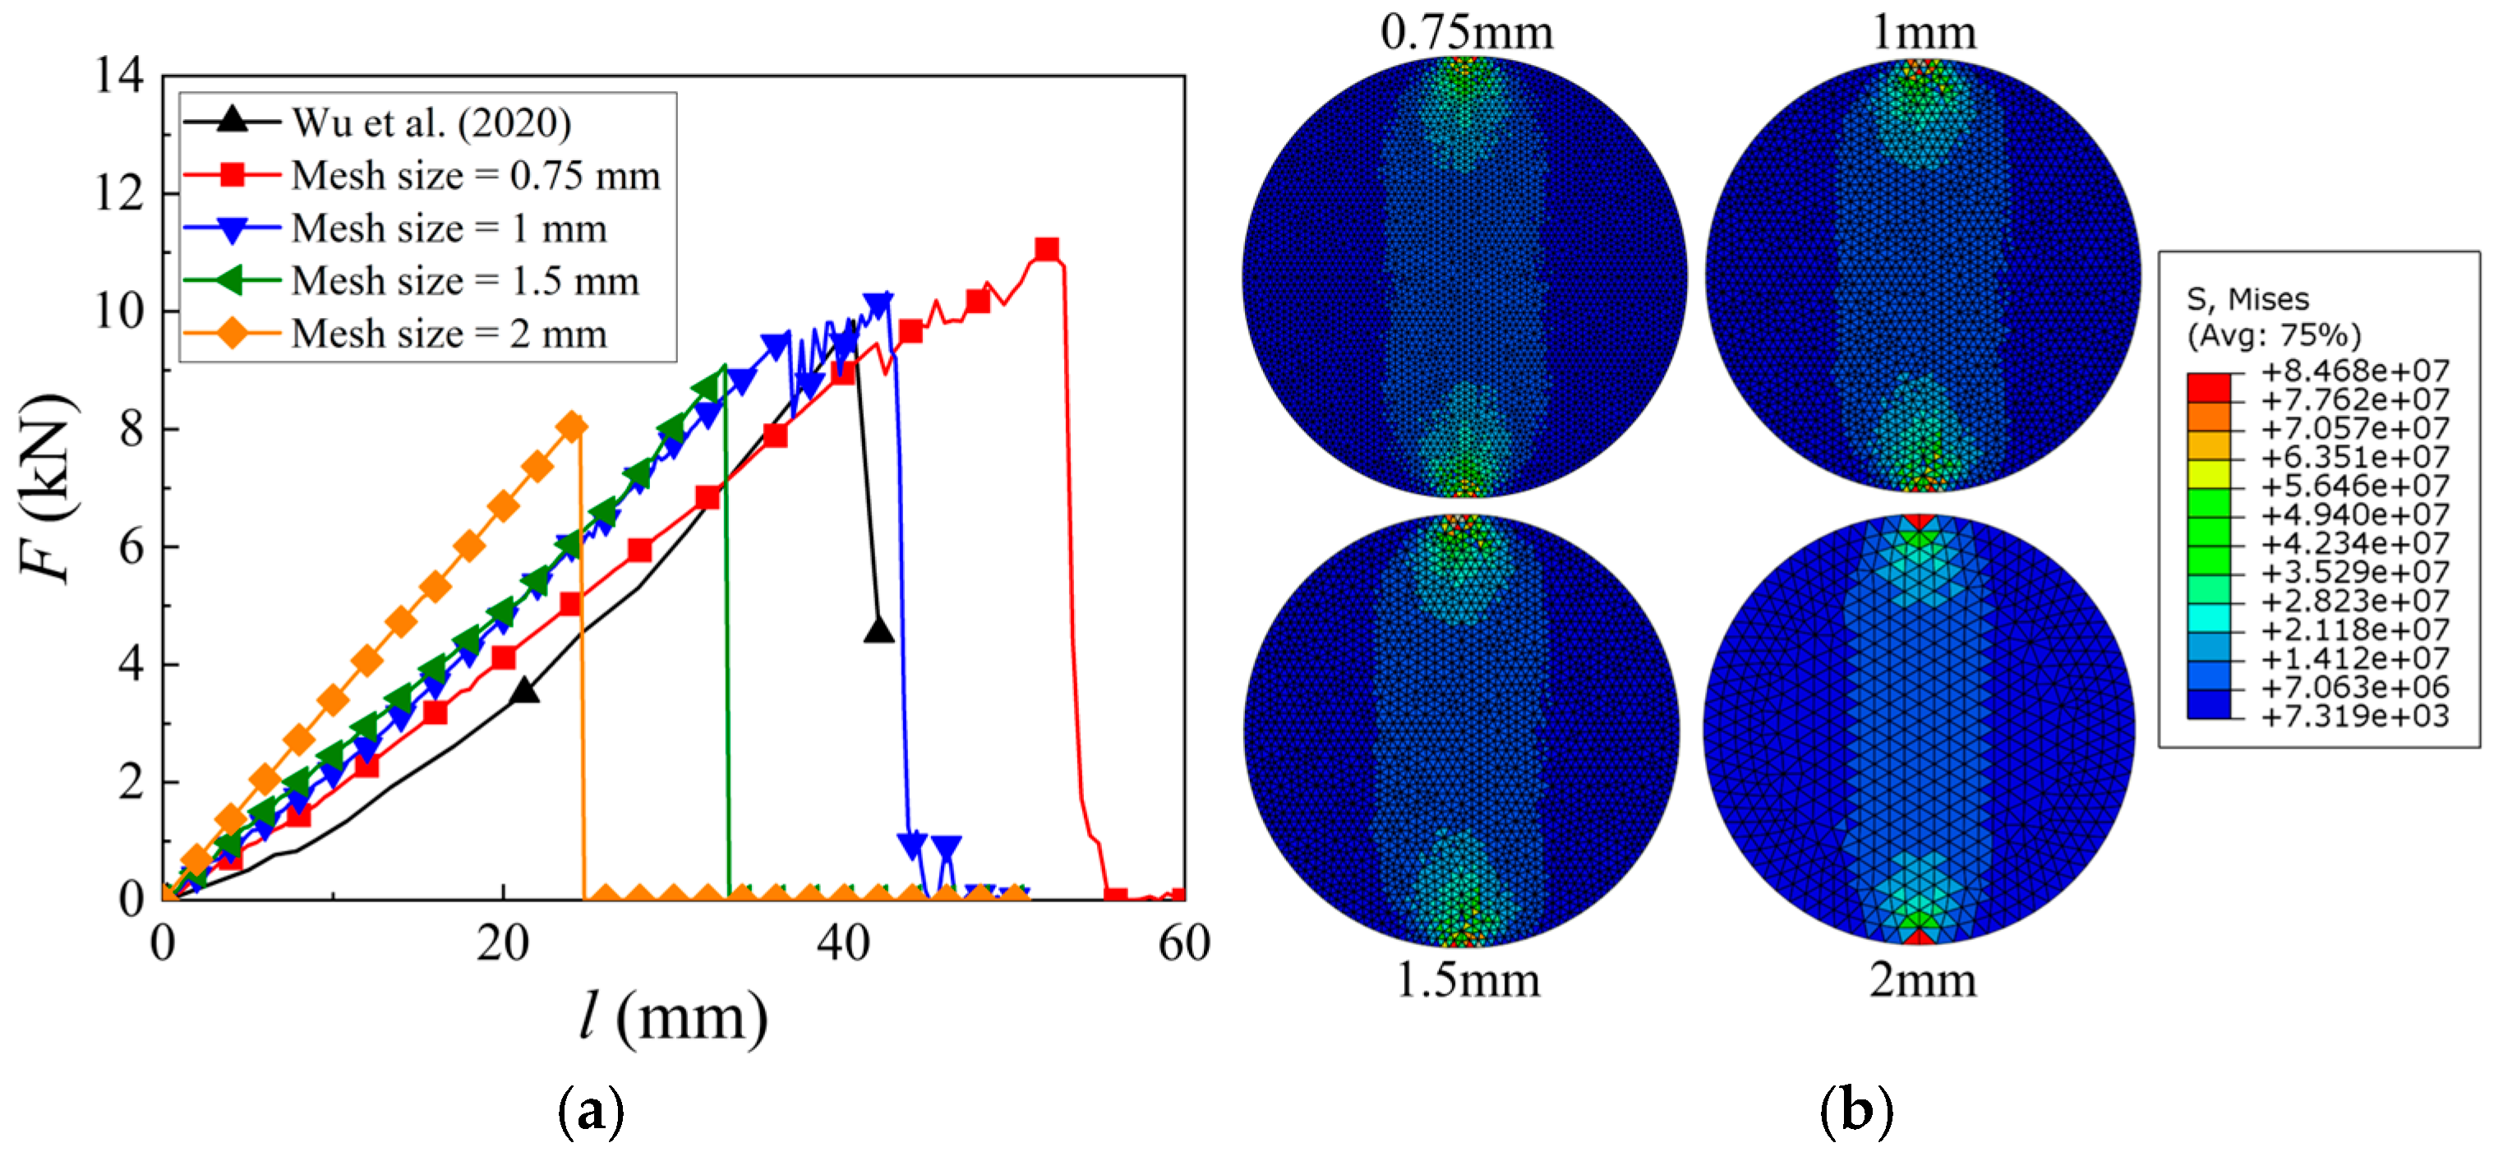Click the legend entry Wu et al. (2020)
(x=431, y=122)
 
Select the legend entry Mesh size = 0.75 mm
(x=475, y=176)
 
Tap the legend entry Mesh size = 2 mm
(x=449, y=334)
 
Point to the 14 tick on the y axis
(x=118, y=76)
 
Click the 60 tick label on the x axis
(x=1183, y=943)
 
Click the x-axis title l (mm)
(x=673, y=1018)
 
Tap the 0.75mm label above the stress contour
(x=1466, y=32)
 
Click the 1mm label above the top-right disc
(x=1923, y=32)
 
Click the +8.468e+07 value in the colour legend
(x=2354, y=371)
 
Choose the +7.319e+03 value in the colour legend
(x=2354, y=717)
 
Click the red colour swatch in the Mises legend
(x=2209, y=386)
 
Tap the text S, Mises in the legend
(x=2247, y=299)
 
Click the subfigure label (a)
(x=591, y=1109)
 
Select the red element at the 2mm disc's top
(x=1919, y=523)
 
